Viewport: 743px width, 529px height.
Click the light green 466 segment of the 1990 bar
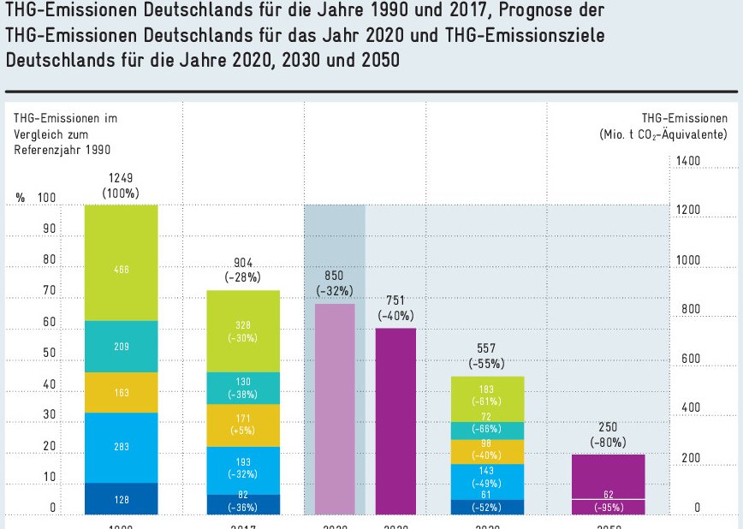[x=121, y=263]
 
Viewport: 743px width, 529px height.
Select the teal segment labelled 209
[x=121, y=347]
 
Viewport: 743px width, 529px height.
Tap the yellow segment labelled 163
[x=121, y=392]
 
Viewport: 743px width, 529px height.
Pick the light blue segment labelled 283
[x=121, y=447]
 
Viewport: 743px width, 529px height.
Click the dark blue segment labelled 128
[x=121, y=499]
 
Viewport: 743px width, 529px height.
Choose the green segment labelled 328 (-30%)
[x=243, y=330]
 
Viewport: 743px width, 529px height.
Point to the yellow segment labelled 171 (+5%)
[x=243, y=425]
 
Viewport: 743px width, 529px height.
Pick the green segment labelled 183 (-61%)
[x=488, y=398]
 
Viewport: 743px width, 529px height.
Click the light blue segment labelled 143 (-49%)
[x=488, y=475]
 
